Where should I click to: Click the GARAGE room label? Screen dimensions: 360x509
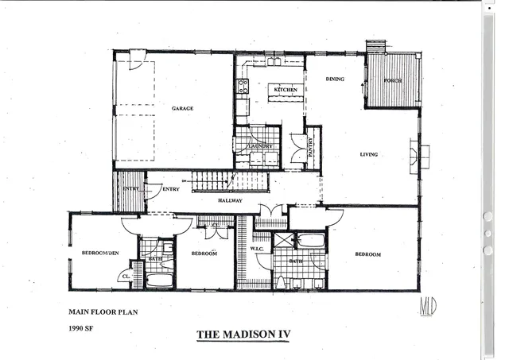(x=183, y=108)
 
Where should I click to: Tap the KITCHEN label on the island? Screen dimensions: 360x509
(x=286, y=90)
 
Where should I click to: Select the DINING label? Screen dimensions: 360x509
(x=334, y=79)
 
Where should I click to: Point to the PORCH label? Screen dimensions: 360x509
(x=392, y=81)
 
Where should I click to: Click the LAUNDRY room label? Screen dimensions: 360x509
(x=260, y=145)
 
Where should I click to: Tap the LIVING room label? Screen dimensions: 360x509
(x=368, y=154)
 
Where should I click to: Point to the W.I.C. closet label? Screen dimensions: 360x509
(x=257, y=248)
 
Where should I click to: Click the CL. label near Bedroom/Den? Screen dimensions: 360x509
(x=125, y=276)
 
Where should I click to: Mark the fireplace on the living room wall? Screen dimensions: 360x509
(x=418, y=156)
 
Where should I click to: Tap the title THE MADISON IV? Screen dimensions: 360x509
(x=243, y=335)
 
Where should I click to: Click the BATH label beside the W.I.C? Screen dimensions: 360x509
(x=296, y=261)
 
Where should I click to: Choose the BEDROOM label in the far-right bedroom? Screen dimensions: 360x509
(x=367, y=254)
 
